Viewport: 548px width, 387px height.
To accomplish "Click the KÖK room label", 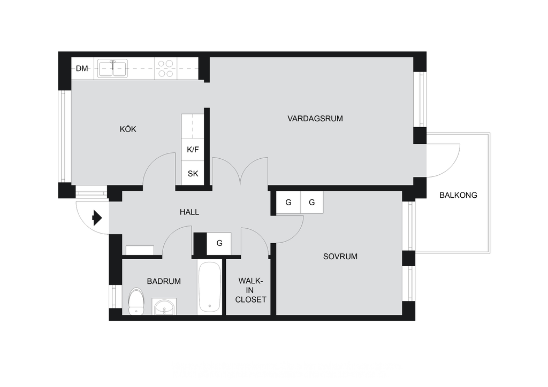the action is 128,129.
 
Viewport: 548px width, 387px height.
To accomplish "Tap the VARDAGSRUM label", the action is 315,119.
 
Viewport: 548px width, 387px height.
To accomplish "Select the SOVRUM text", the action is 340,257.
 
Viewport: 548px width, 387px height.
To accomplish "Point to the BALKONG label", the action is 458,195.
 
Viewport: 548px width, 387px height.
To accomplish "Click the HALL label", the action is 189,212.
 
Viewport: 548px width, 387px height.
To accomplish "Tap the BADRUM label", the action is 164,281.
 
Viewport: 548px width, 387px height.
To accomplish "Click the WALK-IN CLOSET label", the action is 250,290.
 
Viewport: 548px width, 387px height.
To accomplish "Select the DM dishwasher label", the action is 82,68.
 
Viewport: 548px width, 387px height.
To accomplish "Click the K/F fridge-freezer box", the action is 193,149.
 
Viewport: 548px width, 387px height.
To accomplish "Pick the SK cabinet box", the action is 193,173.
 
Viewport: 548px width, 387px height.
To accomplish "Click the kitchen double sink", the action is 112,68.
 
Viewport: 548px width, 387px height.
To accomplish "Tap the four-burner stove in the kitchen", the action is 166,68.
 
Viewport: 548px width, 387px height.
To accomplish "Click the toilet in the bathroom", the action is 136,301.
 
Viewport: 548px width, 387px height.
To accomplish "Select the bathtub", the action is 209,287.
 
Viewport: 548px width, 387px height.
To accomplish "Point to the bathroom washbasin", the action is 164,307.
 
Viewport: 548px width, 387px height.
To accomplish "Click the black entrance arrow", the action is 97,218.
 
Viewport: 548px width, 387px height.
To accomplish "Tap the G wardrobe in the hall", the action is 219,243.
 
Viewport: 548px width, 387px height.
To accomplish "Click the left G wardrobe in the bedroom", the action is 288,202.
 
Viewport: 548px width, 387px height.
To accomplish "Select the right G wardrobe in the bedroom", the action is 312,202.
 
